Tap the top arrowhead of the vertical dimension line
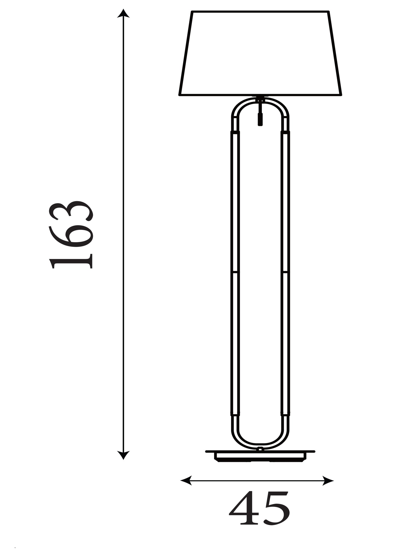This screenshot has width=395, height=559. point(123,13)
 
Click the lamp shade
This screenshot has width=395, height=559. point(260,54)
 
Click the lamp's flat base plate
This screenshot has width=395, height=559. point(260,456)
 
